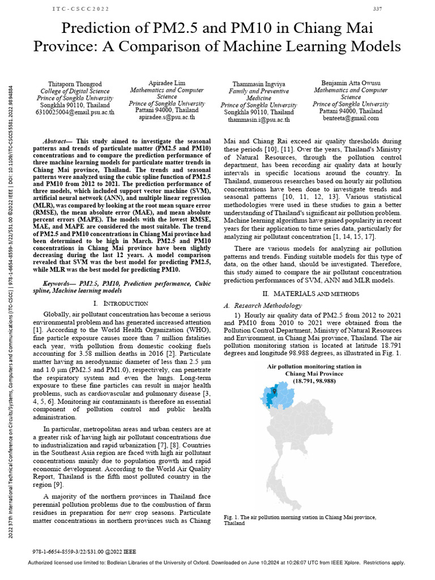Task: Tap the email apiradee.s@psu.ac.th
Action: pyautogui.click(x=167, y=117)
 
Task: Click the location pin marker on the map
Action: pyautogui.click(x=274, y=390)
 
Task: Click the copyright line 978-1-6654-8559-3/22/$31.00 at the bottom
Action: pyautogui.click(x=85, y=551)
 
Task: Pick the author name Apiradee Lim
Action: pyautogui.click(x=167, y=83)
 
